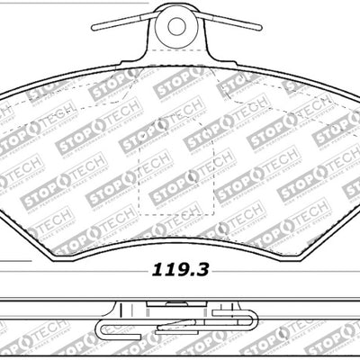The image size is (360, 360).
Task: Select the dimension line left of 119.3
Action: tap(72, 268)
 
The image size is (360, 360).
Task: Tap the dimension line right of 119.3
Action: tap(270, 268)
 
